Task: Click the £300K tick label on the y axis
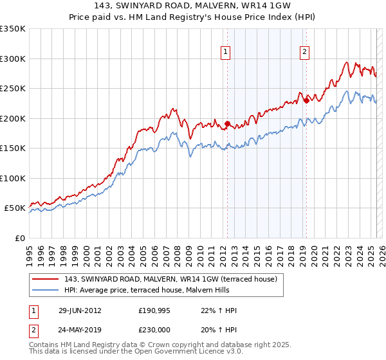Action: click(x=13, y=59)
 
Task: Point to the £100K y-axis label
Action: click(x=13, y=178)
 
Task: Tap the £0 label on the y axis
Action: click(x=19, y=238)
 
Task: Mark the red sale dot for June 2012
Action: click(x=227, y=124)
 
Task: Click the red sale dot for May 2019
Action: click(x=306, y=100)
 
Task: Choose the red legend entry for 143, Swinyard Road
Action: click(x=170, y=278)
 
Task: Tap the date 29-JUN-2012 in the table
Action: click(x=80, y=310)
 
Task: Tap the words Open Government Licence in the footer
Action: click(x=188, y=352)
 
